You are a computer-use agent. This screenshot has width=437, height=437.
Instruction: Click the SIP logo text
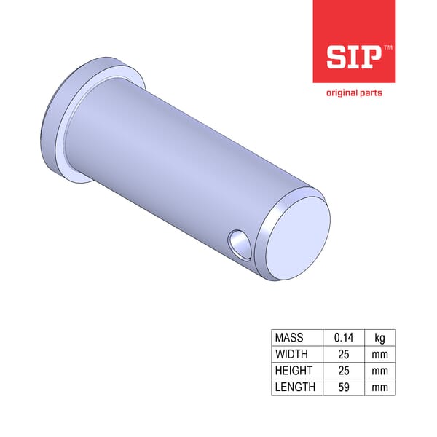point(353,58)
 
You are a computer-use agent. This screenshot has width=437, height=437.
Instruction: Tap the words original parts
point(353,92)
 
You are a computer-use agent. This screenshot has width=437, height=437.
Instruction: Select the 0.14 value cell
point(343,338)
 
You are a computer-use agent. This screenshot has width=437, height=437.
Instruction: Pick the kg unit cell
point(379,338)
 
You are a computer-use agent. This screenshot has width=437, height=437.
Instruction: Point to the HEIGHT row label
point(293,371)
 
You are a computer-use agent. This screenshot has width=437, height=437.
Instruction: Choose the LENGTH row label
point(295,387)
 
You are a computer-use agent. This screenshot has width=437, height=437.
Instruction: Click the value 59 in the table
point(343,387)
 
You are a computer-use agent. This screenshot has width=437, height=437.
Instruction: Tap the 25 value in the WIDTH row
point(343,355)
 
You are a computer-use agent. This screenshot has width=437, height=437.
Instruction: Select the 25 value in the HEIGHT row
point(343,371)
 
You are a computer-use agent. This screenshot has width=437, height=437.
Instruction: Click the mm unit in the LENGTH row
point(379,387)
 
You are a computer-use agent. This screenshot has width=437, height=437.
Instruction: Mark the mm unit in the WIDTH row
point(379,355)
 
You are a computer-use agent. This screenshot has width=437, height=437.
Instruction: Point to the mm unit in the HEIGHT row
point(379,371)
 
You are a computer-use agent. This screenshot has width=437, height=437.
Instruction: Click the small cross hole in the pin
point(237,243)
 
